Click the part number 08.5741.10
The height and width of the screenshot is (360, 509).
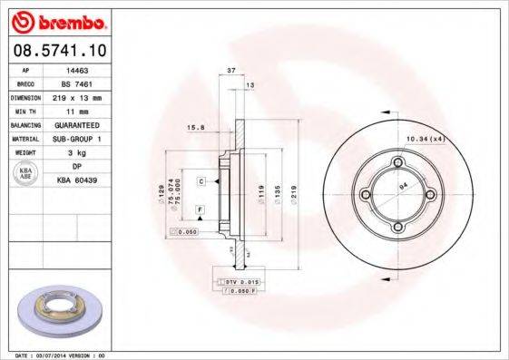(57, 52)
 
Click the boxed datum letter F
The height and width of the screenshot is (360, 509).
(198, 210)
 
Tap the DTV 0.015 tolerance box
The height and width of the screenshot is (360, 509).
(240, 283)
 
